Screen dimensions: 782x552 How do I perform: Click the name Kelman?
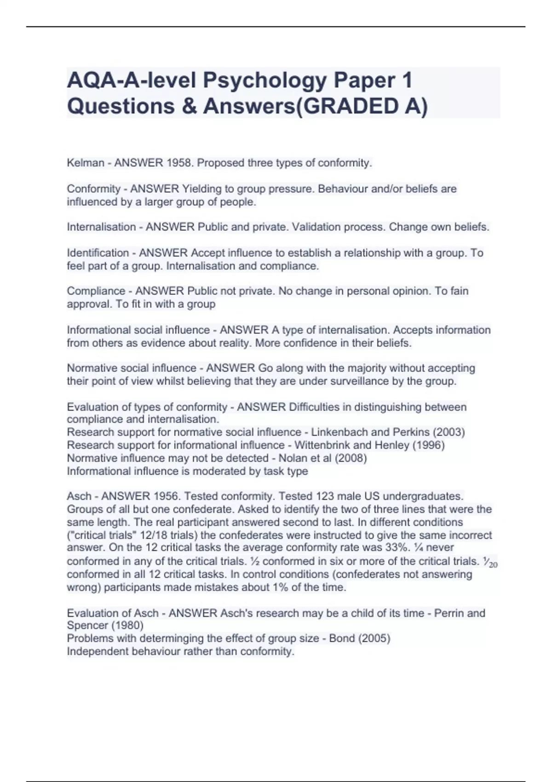click(x=86, y=163)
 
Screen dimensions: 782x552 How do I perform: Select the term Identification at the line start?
click(x=98, y=253)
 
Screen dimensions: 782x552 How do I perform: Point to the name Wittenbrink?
click(x=321, y=445)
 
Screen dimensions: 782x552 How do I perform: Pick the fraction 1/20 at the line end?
click(x=490, y=562)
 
